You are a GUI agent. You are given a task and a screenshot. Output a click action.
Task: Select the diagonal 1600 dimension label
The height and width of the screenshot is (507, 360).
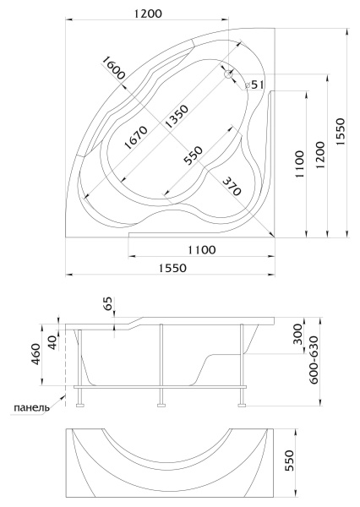[112, 68]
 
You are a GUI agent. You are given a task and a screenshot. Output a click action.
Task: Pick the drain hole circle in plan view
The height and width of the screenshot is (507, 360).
[227, 74]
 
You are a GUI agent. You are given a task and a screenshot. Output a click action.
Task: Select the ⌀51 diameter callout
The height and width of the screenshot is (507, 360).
[256, 84]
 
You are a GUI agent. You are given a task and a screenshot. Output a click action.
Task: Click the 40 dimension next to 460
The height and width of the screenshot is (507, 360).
[53, 341]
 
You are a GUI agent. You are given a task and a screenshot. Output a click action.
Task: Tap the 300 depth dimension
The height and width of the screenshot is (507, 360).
[295, 334]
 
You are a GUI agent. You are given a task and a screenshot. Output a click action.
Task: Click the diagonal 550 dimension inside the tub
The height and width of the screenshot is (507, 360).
[194, 155]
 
